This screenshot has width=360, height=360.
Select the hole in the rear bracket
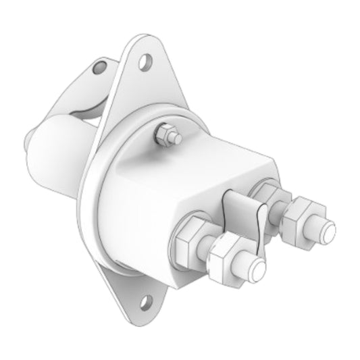click(x=101, y=66)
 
